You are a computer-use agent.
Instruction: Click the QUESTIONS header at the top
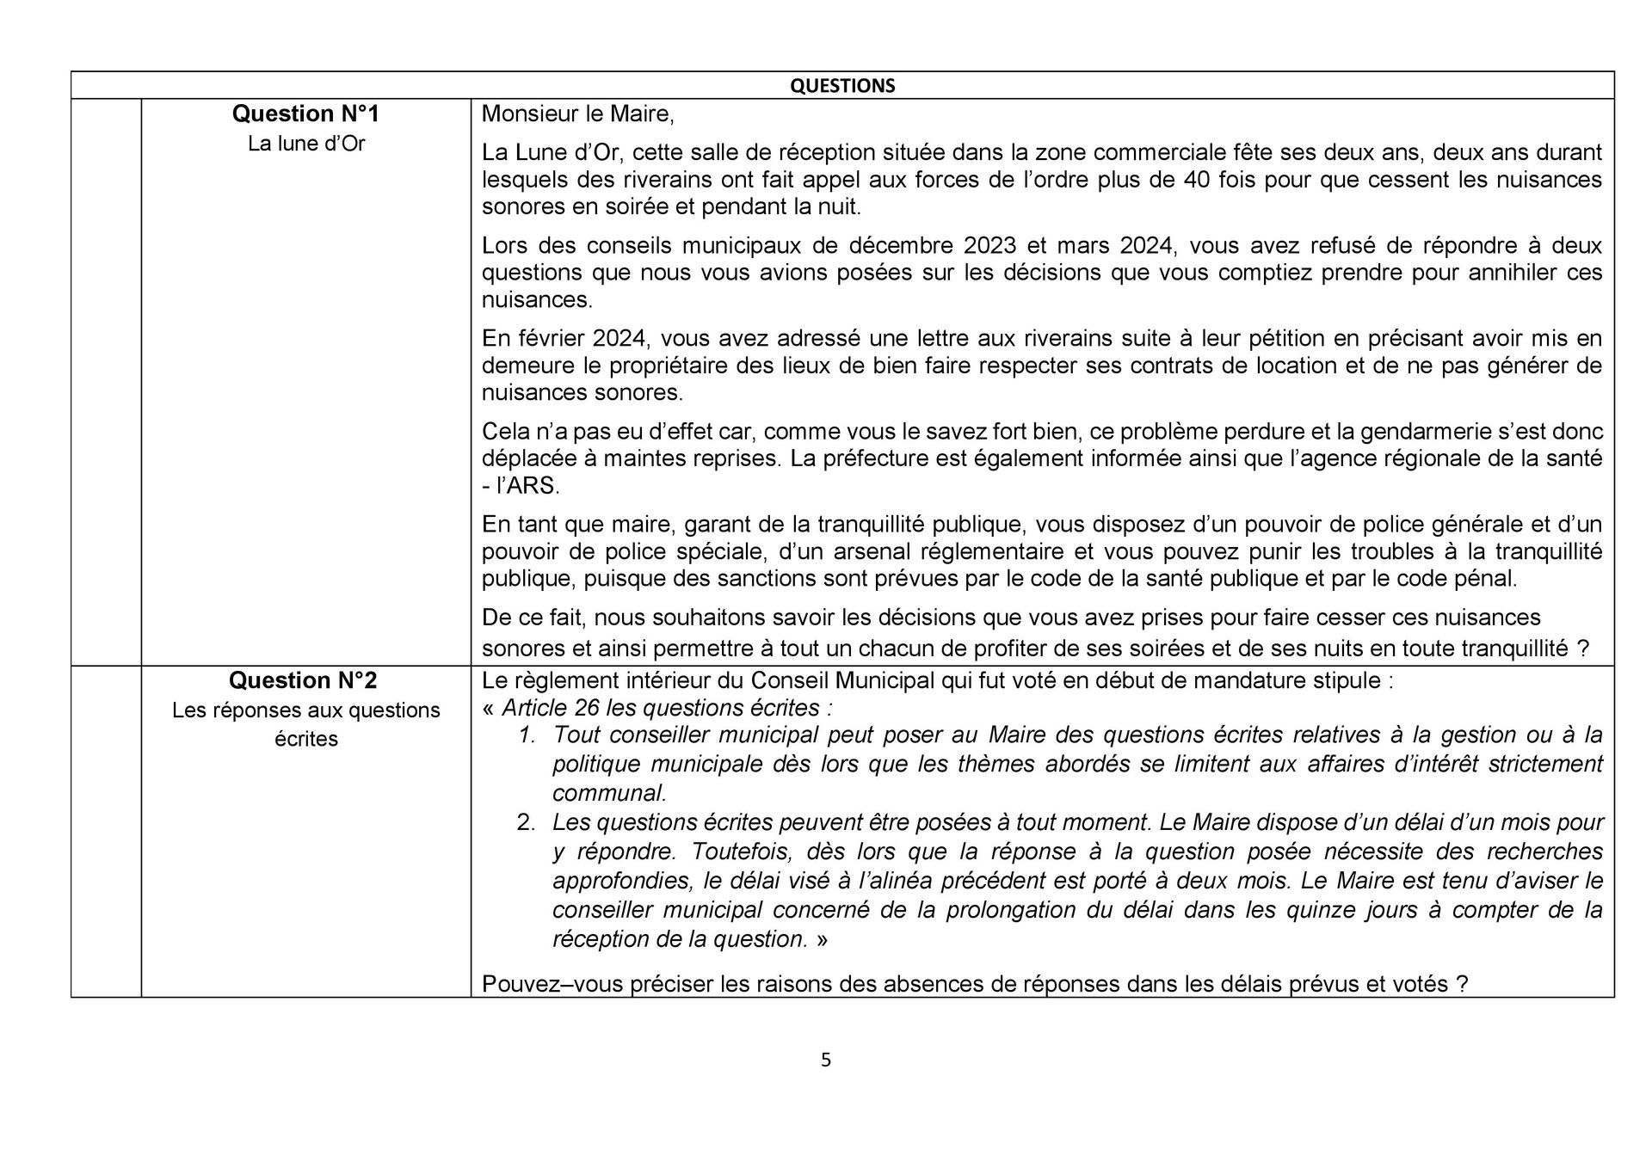[x=842, y=86]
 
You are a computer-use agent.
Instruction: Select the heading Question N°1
[x=306, y=114]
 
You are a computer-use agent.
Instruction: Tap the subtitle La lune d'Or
[x=306, y=144]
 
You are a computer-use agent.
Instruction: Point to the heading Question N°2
[x=303, y=680]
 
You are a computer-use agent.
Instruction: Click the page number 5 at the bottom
[x=826, y=1060]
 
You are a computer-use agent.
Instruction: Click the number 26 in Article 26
[x=585, y=708]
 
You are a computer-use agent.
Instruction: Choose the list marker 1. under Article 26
[x=527, y=735]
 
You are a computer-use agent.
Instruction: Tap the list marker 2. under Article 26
[x=526, y=823]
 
